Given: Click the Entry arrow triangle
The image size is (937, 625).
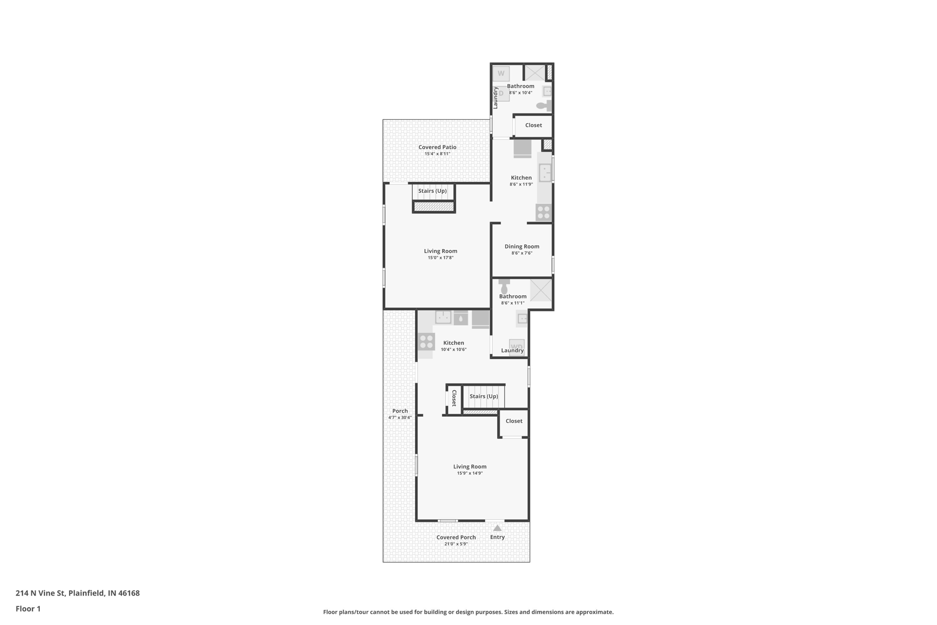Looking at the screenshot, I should [x=497, y=528].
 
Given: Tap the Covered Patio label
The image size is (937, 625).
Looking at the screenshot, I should [x=437, y=147].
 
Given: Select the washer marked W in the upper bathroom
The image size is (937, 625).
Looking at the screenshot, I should [x=501, y=74].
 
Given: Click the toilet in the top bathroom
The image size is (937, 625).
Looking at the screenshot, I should [x=543, y=106].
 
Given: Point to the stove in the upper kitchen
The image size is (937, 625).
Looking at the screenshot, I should [x=544, y=212].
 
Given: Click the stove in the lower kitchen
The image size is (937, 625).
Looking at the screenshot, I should [x=426, y=342].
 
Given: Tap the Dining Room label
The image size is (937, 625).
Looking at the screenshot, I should [x=522, y=246].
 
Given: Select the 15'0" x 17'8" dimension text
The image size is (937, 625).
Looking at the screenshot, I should [x=440, y=258].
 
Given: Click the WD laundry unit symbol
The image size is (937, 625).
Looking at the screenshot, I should [x=517, y=346].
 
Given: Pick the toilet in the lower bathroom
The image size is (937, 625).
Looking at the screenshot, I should [x=504, y=287].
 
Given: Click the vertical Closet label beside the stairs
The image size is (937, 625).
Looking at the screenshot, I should [x=454, y=397].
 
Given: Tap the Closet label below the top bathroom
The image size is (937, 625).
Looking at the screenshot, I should [x=533, y=125].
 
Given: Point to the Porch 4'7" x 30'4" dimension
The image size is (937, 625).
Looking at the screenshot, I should [x=400, y=417].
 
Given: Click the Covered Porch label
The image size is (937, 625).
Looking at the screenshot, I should [x=456, y=537].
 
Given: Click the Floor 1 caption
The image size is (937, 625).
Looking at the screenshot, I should [x=28, y=609].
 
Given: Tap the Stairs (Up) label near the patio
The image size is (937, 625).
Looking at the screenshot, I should [x=432, y=191].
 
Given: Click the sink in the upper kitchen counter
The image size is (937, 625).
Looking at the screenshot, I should [x=545, y=173].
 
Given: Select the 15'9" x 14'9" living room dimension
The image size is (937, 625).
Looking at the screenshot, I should [x=469, y=473].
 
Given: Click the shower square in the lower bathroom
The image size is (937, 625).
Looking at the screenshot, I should [x=540, y=290].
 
